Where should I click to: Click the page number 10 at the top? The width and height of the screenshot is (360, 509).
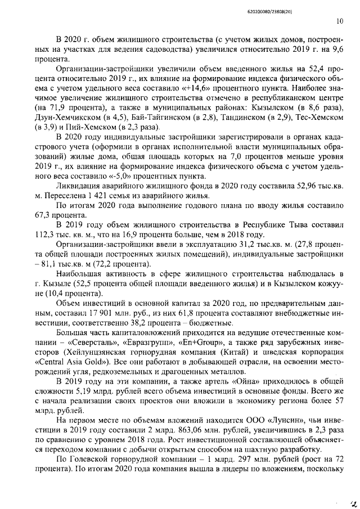(x=340, y=21)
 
